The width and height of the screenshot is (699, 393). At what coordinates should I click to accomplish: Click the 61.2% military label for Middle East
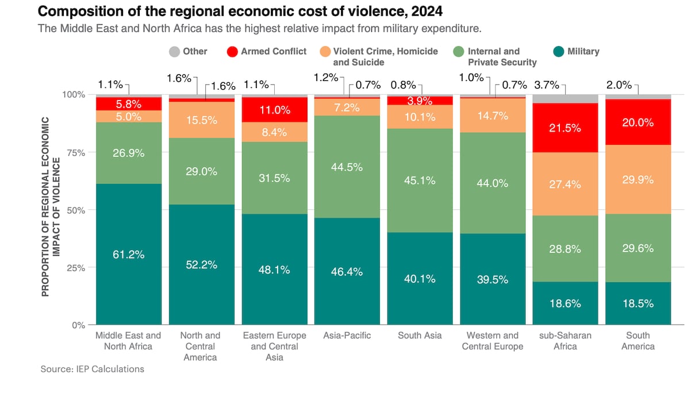pyautogui.click(x=128, y=255)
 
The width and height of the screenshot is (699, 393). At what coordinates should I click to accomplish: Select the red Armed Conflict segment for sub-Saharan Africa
pyautogui.click(x=565, y=128)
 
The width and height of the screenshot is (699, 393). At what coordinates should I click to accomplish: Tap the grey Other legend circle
pyautogui.click(x=174, y=52)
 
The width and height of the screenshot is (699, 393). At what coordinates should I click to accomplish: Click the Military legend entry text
pyautogui.click(x=583, y=51)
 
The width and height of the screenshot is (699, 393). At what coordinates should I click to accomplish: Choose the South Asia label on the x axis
pyautogui.click(x=420, y=335)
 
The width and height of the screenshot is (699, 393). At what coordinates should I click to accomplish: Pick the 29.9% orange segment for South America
pyautogui.click(x=637, y=179)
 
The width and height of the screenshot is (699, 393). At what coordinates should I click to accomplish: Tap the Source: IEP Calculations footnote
pyautogui.click(x=93, y=369)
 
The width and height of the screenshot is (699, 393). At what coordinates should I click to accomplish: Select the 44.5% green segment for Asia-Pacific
pyautogui.click(x=347, y=167)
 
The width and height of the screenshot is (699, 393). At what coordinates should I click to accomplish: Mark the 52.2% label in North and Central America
pyautogui.click(x=201, y=264)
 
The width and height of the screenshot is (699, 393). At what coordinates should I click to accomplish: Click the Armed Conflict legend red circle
pyautogui.click(x=232, y=52)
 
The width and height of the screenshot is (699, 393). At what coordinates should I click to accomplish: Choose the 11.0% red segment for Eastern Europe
pyautogui.click(x=274, y=110)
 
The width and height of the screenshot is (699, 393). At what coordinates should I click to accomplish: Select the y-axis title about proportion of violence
pyautogui.click(x=51, y=207)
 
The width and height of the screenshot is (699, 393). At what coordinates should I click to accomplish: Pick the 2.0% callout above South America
pyautogui.click(x=619, y=85)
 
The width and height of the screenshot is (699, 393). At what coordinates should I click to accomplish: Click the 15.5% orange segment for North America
pyautogui.click(x=201, y=120)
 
